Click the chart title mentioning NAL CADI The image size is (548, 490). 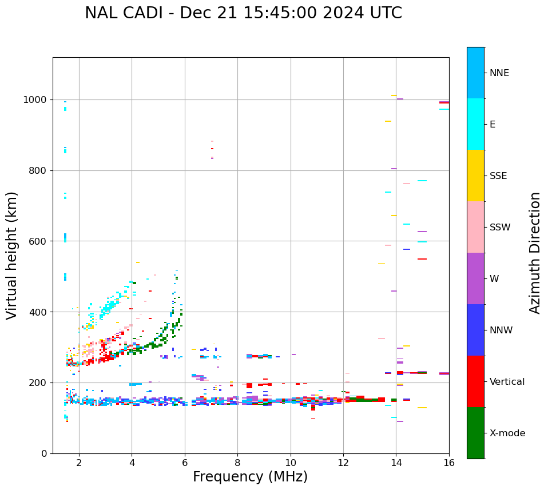point(243,13)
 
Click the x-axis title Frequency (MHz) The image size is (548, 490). point(250,477)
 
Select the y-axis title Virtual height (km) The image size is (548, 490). point(12,256)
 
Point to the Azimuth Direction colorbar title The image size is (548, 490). point(535,253)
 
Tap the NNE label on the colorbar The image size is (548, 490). point(499,73)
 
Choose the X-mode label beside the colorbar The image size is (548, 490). point(507,433)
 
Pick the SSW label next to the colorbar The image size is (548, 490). point(500,228)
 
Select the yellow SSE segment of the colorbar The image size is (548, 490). point(475,176)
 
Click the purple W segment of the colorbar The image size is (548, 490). point(475,278)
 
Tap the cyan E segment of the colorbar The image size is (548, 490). point(475,124)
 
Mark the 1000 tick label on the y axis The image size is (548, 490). point(36,100)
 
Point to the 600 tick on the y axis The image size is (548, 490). point(39,241)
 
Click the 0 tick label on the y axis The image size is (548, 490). point(45,453)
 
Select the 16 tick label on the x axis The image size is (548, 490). point(449,463)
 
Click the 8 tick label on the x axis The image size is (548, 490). point(237,463)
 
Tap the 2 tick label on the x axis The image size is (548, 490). point(79,463)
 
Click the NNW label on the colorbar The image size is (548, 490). point(501,330)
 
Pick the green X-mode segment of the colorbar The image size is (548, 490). point(475,433)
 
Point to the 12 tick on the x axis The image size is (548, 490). point(343,463)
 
